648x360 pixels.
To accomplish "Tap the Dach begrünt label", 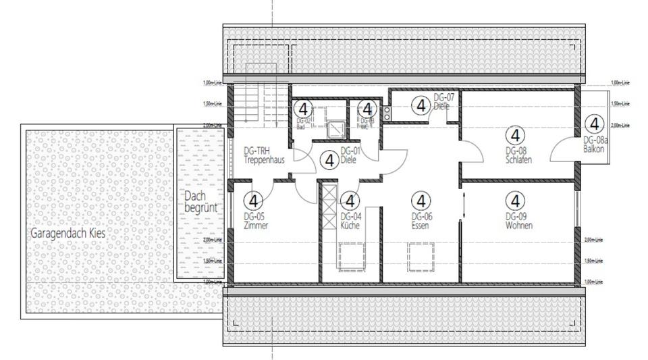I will click(200, 201).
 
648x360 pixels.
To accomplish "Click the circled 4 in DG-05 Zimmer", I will click(254, 201).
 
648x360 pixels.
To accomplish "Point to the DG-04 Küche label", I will click(351, 221).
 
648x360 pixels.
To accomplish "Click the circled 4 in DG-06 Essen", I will click(421, 201).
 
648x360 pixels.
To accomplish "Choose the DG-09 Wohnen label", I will click(518, 221).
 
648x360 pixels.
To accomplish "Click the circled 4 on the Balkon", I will click(594, 124).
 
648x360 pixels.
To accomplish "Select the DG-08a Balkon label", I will click(595, 145).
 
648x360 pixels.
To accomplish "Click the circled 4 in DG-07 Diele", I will click(421, 105).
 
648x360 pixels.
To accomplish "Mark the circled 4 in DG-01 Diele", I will click(330, 161).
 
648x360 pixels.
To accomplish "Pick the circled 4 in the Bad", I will click(304, 109).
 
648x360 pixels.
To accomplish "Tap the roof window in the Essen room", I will click(420, 257).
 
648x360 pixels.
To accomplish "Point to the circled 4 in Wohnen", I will click(515, 201).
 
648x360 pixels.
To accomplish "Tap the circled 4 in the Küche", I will click(350, 201).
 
